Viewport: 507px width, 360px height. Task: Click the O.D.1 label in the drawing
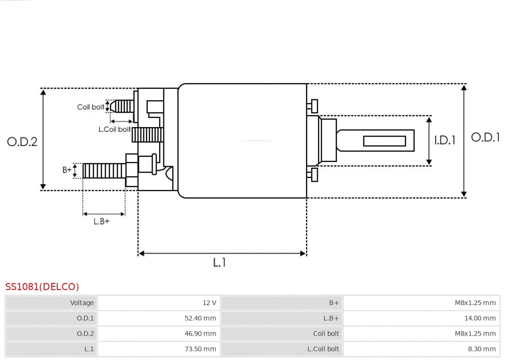pyautogui.click(x=485, y=138)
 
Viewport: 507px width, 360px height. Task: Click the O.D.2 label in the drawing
pyautogui.click(x=22, y=142)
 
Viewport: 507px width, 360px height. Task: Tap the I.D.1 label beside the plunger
pyautogui.click(x=444, y=140)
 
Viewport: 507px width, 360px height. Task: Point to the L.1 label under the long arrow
pyautogui.click(x=219, y=263)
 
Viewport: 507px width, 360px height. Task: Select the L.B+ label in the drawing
pyautogui.click(x=101, y=222)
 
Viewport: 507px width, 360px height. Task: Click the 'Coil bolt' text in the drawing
pyautogui.click(x=91, y=107)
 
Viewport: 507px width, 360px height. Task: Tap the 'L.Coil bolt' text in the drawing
pyautogui.click(x=114, y=129)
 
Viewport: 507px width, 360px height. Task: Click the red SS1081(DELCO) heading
pyautogui.click(x=42, y=287)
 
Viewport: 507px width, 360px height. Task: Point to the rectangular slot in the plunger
pyautogui.click(x=384, y=141)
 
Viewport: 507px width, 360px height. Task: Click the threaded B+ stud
pyautogui.click(x=104, y=170)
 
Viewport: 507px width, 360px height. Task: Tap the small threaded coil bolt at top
pyautogui.click(x=123, y=107)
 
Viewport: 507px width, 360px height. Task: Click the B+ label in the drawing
pyautogui.click(x=67, y=170)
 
